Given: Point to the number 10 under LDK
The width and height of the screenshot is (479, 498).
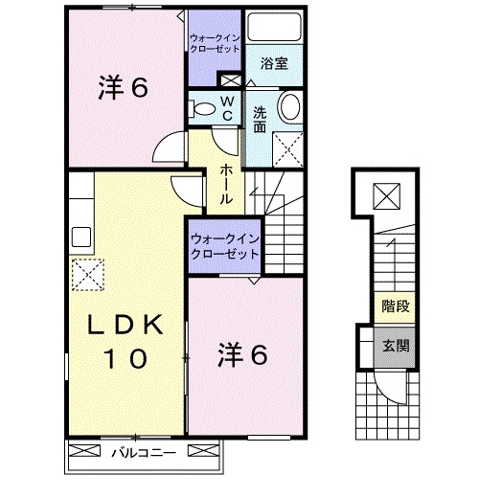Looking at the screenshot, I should (x=124, y=360).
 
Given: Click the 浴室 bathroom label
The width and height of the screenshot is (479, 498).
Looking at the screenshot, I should (x=276, y=64).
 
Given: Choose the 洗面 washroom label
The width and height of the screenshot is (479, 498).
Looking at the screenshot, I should (x=260, y=120).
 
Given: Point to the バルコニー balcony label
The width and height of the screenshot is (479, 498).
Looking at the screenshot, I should (x=142, y=450).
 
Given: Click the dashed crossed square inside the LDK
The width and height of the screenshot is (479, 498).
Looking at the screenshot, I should (x=87, y=274).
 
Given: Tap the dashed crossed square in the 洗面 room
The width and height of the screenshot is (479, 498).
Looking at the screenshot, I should (x=287, y=148).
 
